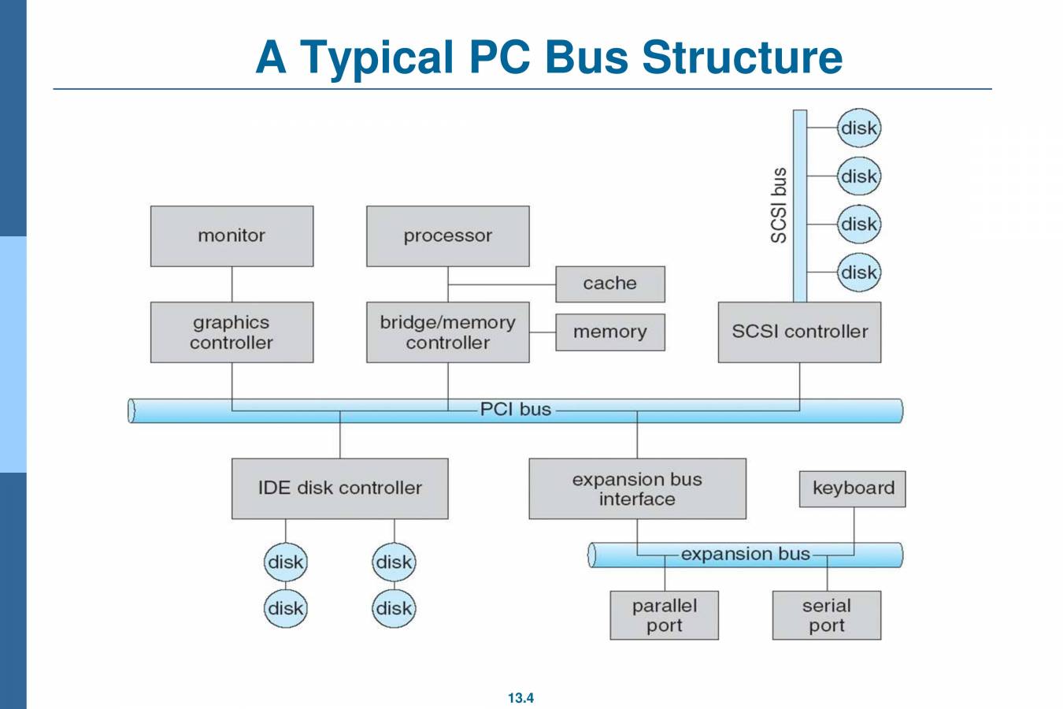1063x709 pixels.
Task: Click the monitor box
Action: [x=231, y=236]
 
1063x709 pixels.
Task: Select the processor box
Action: [x=447, y=236]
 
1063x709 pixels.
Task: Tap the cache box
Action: [x=609, y=284]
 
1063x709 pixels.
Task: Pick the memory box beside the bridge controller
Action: [x=609, y=332]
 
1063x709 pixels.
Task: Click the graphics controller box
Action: [x=231, y=332]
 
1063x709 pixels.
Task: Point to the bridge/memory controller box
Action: [x=447, y=332]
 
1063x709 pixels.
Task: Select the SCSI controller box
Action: [x=799, y=332]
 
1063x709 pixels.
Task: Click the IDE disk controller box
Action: [x=339, y=488]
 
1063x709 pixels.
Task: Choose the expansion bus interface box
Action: [x=637, y=488]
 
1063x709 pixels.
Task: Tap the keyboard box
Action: [x=853, y=488]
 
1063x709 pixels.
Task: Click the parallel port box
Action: [x=664, y=615]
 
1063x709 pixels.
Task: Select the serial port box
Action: [x=826, y=615]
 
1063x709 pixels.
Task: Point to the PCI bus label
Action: [x=516, y=410]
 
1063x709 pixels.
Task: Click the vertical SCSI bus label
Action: [x=778, y=206]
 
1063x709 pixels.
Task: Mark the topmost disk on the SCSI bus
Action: [x=858, y=128]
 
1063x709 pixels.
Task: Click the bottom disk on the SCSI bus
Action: [x=858, y=273]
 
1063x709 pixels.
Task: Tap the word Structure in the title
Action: [x=742, y=57]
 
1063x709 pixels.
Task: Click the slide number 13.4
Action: [x=520, y=698]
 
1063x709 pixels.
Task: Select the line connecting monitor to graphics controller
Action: [x=231, y=284]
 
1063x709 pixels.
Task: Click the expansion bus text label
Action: [x=745, y=554]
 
